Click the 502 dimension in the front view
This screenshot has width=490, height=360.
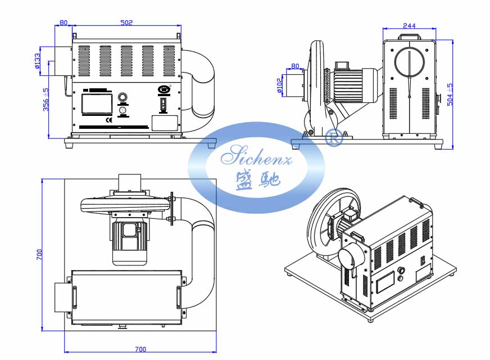[x=126, y=22]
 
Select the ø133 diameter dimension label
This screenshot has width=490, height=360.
[x=38, y=60]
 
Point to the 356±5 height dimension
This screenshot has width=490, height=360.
[x=46, y=100]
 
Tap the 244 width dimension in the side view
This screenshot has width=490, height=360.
[x=410, y=25]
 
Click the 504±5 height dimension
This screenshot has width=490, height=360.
[x=449, y=93]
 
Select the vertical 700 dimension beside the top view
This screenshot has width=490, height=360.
[x=39, y=254]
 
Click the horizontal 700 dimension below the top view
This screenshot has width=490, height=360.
[x=140, y=349]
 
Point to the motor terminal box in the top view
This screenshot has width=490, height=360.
[x=128, y=230]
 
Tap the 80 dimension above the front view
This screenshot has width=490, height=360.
[x=63, y=22]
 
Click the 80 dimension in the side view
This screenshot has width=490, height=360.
[x=294, y=66]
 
